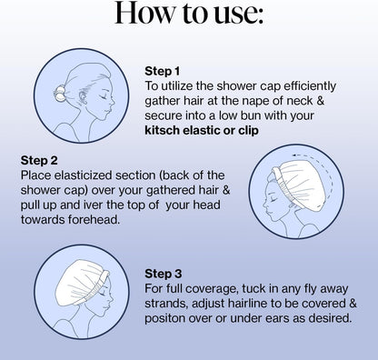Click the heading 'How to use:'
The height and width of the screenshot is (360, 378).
(189, 13)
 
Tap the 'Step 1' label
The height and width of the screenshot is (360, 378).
(162, 71)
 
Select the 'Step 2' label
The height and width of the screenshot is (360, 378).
(39, 161)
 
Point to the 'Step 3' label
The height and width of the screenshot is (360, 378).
(164, 274)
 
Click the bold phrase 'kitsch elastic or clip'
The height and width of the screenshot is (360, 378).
(202, 130)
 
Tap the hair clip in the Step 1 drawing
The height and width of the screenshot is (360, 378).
(59, 93)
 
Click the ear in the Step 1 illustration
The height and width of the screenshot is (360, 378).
(82, 96)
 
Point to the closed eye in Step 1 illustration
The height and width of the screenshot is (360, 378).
(104, 96)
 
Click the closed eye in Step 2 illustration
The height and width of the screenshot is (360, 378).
(274, 199)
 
